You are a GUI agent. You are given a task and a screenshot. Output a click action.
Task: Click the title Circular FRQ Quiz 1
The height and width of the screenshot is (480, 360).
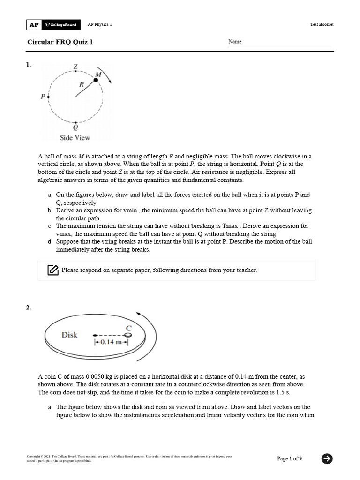(60, 42)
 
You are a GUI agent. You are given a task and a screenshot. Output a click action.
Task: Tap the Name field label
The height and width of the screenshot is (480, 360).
(235, 42)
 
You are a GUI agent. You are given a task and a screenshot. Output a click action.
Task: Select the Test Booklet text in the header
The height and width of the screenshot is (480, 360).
(322, 24)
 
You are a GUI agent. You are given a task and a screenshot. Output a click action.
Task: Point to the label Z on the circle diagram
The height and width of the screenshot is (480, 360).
(75, 67)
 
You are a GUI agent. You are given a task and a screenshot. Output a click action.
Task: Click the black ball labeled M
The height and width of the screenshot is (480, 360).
(96, 80)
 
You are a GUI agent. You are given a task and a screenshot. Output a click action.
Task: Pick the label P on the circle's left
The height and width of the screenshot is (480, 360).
(43, 97)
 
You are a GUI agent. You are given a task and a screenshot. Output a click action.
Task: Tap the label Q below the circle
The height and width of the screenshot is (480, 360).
(75, 127)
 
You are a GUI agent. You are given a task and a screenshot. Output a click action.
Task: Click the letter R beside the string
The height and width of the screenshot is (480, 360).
(82, 85)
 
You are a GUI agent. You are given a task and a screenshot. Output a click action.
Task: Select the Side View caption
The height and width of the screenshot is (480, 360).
(75, 138)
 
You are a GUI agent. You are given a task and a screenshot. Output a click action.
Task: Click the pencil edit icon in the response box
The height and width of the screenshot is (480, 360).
(52, 270)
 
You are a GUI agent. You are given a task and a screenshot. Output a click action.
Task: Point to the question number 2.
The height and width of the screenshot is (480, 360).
(29, 307)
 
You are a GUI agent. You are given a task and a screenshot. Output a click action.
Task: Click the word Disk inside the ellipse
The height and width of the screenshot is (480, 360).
(69, 335)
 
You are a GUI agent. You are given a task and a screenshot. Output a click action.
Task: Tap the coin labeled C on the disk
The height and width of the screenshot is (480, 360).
(127, 335)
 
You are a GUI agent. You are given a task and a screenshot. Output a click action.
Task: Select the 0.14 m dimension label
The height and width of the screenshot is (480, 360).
(111, 343)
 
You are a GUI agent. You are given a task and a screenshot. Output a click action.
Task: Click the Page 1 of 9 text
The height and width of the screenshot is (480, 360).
(289, 458)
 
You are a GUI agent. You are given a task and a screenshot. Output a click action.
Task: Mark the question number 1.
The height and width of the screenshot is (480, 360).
(29, 65)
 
